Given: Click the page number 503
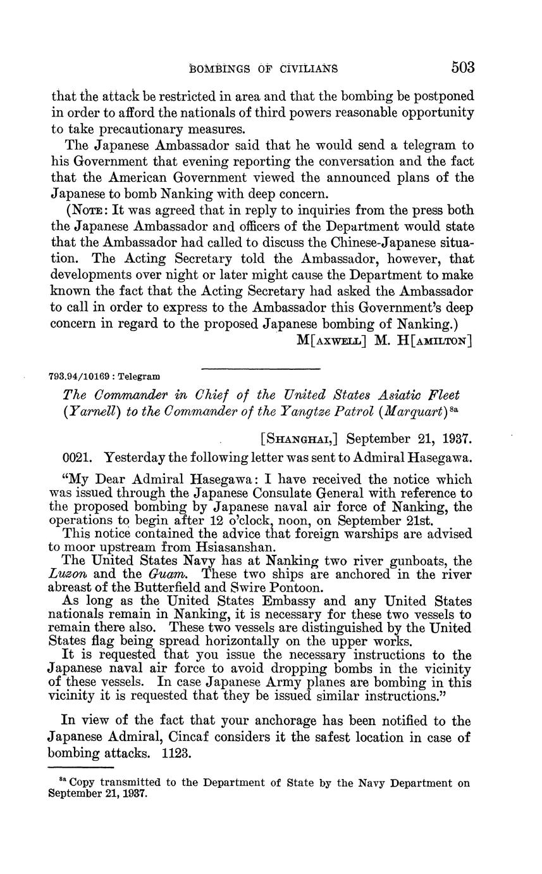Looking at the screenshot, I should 463,67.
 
